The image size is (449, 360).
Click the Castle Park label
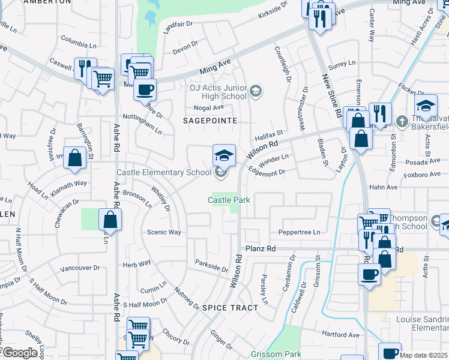click(x=229, y=199)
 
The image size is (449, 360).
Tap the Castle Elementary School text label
click(x=164, y=173)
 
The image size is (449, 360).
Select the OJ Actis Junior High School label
click(x=218, y=91)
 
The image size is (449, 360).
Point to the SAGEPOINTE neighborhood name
click(x=210, y=121)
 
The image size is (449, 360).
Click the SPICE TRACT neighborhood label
click(x=230, y=307)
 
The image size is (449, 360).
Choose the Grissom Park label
click(x=276, y=354)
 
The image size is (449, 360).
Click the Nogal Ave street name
click(x=208, y=108)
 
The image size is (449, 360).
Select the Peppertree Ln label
click(x=300, y=232)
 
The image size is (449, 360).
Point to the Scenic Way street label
click(x=164, y=232)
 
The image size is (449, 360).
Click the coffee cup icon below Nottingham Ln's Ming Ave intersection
click(x=145, y=91)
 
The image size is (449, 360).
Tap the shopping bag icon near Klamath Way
click(x=75, y=159)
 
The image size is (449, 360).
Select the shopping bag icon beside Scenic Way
click(x=110, y=220)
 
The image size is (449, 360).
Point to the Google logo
click(x=20, y=353)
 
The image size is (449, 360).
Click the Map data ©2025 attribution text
click(x=423, y=355)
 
